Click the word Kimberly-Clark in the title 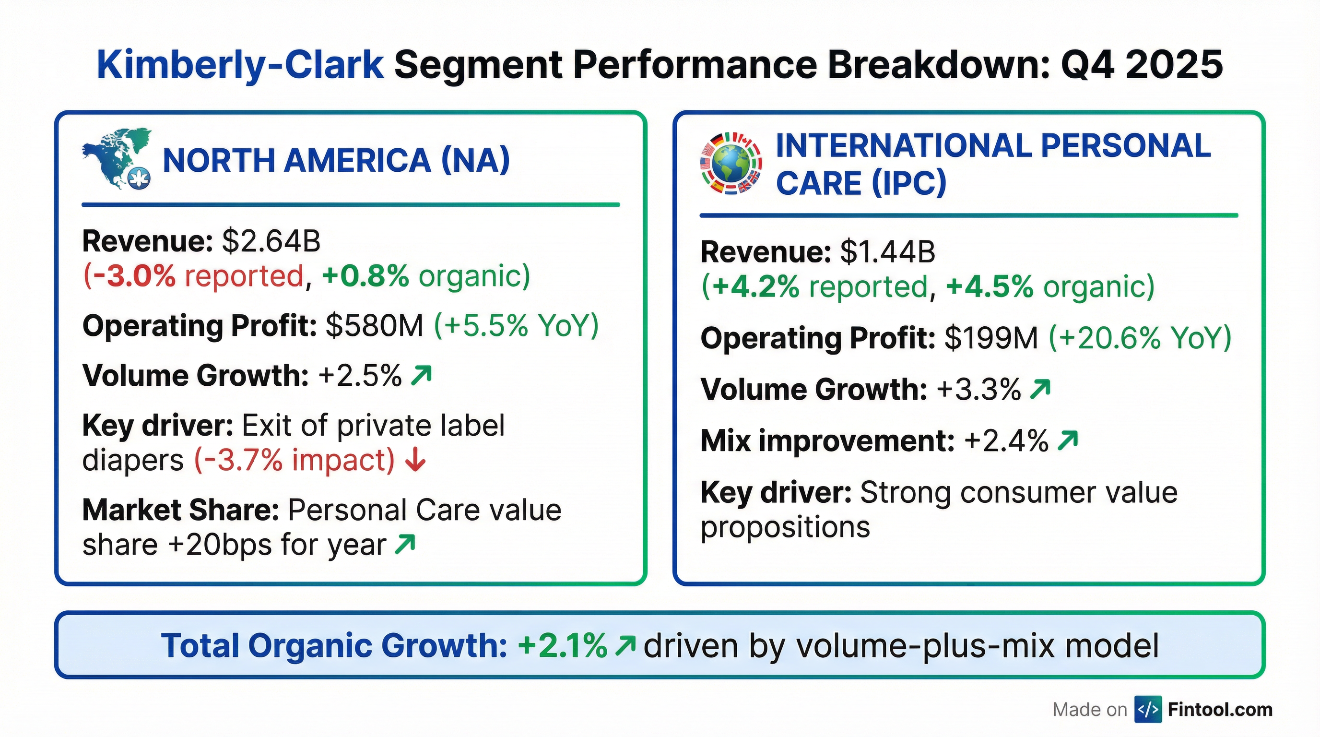click(240, 66)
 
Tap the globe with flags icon click(731, 164)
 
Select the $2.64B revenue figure click(271, 241)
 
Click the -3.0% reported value click(130, 276)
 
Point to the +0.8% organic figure click(365, 276)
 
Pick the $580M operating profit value click(375, 325)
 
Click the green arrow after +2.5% click(421, 375)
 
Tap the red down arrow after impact click(415, 460)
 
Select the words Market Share click(180, 511)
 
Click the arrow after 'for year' click(405, 544)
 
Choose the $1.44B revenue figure click(888, 252)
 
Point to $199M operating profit click(991, 338)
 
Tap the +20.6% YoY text click(1140, 338)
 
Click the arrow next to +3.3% click(1040, 389)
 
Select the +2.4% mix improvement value click(1006, 441)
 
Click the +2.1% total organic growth click(562, 646)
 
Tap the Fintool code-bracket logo click(1148, 709)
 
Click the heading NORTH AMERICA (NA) click(336, 160)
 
